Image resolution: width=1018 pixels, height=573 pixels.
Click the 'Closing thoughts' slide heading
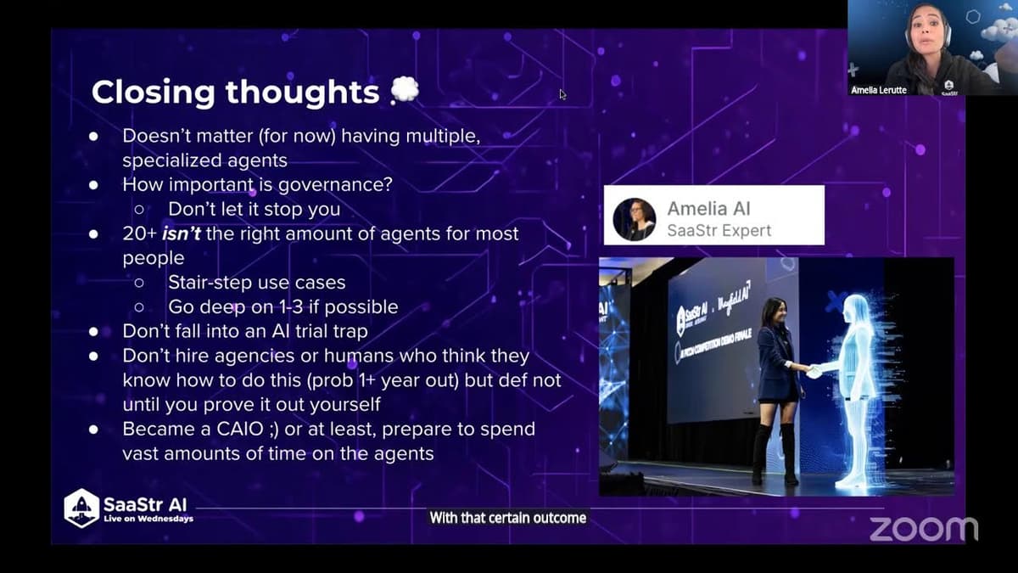235,92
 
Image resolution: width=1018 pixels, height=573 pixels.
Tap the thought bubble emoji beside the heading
405,90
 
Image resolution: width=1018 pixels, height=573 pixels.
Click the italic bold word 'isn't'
182,233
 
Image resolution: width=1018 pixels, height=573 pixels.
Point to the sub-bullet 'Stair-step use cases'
256,282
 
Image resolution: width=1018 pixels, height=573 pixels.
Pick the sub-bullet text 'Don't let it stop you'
255,208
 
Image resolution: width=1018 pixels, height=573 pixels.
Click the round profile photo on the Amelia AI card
634,219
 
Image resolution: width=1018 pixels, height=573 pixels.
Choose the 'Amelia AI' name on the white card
708,208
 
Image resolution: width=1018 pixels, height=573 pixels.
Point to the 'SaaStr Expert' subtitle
719,230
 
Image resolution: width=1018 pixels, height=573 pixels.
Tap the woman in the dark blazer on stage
778,382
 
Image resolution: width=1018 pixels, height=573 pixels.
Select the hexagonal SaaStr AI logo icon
81,508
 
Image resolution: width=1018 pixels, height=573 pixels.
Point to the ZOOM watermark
922,528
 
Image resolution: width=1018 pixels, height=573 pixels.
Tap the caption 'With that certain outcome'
507,517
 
